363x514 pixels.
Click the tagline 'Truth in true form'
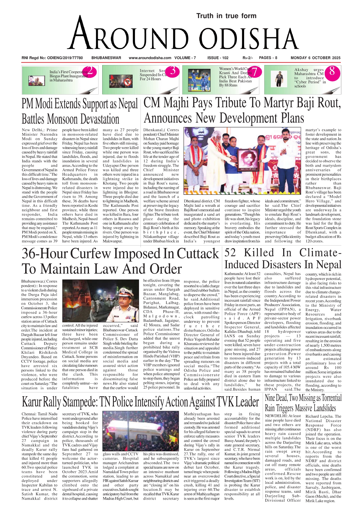[x=226, y=16]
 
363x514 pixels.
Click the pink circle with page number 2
[x=91, y=71]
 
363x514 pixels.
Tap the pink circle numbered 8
[x=332, y=71]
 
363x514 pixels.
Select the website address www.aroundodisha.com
[x=150, y=58]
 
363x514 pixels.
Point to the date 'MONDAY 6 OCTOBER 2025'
[x=315, y=58]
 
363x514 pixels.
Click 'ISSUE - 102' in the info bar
[x=218, y=58]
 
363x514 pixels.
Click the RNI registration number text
[x=52, y=58]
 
